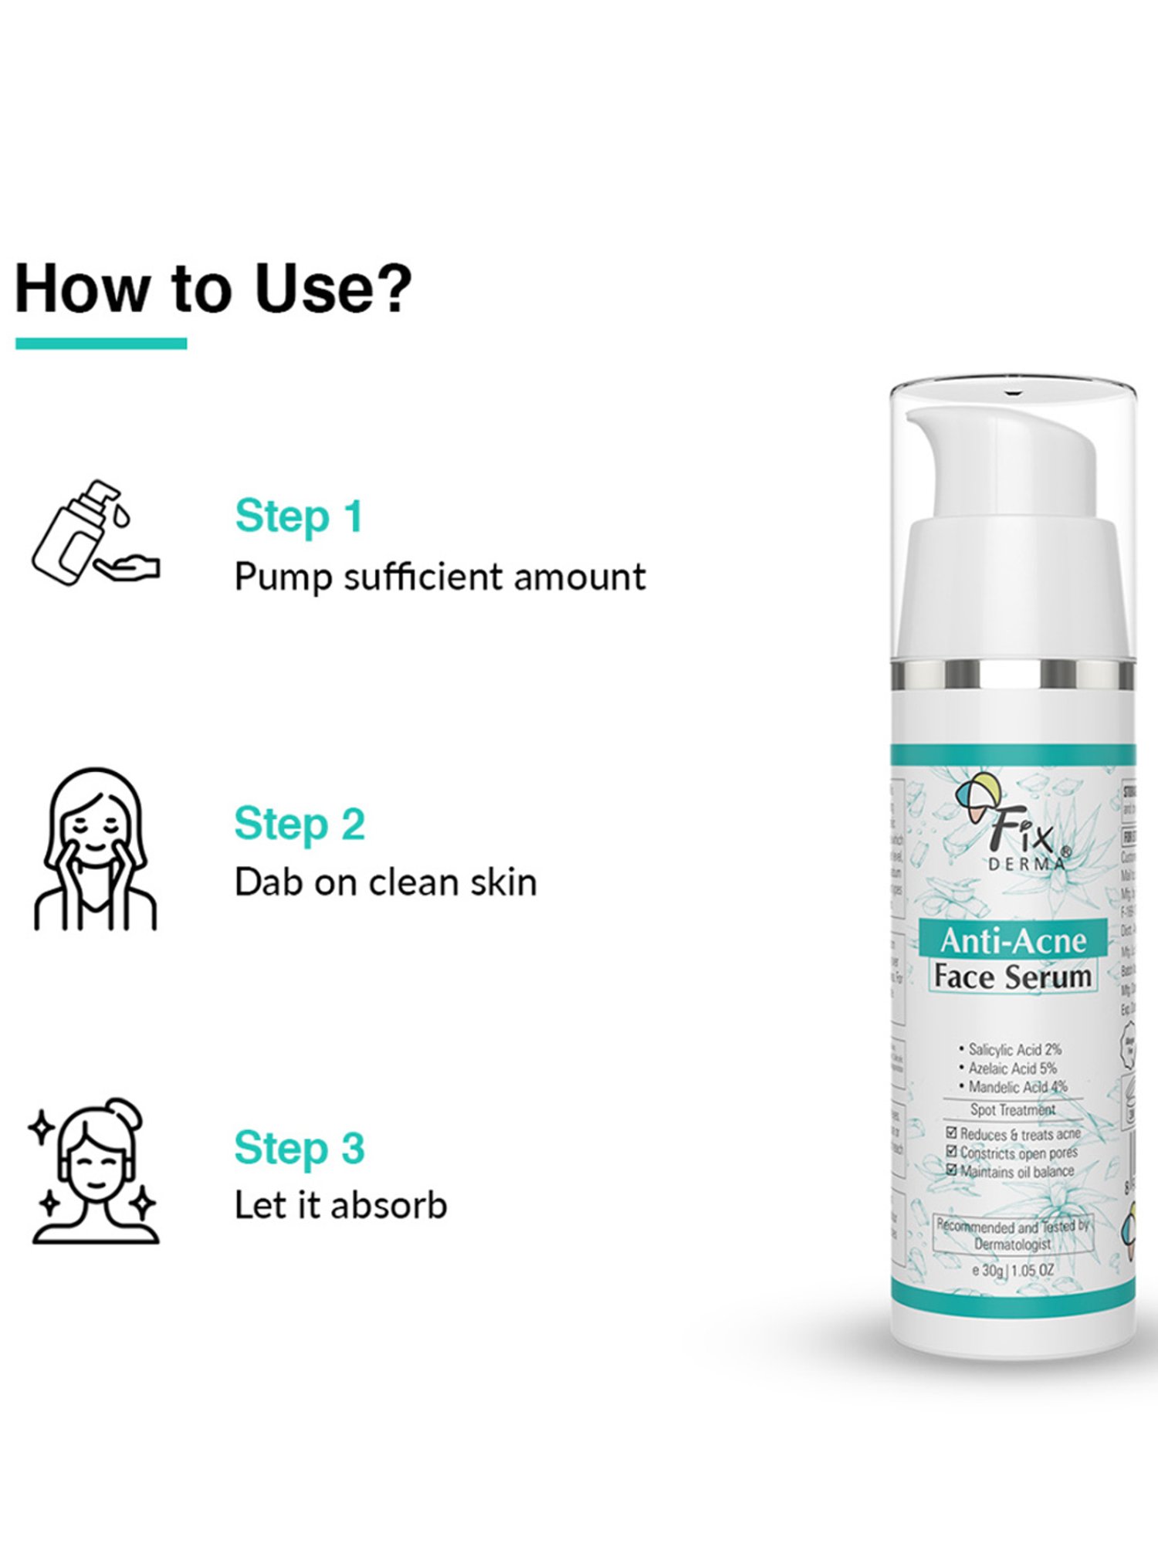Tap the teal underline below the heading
click(101, 344)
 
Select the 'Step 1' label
click(299, 516)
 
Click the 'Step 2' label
click(300, 824)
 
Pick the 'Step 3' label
click(300, 1147)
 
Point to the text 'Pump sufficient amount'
click(439, 577)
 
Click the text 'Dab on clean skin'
click(385, 882)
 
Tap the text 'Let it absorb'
click(340, 1206)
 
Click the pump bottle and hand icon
click(95, 533)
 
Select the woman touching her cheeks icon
click(95, 849)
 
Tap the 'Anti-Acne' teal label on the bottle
click(1013, 940)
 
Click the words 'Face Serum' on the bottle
click(1013, 977)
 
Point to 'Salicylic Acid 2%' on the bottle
click(1014, 1049)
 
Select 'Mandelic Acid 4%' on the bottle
click(1017, 1087)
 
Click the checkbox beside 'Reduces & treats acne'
click(951, 1133)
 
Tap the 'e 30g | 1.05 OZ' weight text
click(1013, 1270)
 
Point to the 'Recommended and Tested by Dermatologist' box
click(1012, 1234)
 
